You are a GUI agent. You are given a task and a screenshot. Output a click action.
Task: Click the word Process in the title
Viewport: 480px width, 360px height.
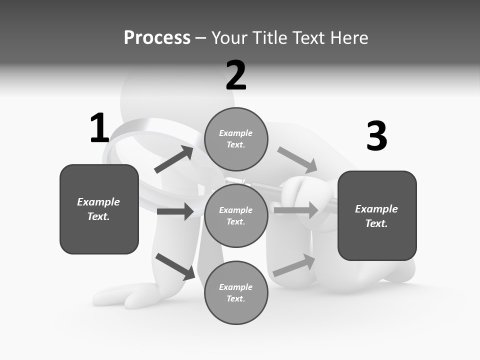coord(157,38)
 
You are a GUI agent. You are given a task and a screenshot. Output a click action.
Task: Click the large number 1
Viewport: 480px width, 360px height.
coord(99,128)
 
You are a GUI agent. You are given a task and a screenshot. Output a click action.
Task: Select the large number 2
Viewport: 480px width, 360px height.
coord(236,75)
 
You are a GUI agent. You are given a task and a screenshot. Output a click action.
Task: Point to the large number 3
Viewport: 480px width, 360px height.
coord(376,136)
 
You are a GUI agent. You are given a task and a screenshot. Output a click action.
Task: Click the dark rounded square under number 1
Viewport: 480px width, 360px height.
coord(99,209)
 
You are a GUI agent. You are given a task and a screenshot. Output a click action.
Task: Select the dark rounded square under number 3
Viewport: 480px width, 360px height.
coord(377,215)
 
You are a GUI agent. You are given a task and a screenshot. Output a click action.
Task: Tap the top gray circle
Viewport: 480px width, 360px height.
coord(236,139)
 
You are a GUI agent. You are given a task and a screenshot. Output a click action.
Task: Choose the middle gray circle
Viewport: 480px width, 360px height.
coord(236,215)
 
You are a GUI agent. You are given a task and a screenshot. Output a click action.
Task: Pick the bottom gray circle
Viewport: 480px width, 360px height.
coord(236,292)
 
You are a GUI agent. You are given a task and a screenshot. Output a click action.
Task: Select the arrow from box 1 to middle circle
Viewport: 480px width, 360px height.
coord(175,211)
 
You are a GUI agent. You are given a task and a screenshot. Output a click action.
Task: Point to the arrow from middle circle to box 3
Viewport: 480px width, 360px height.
coord(296,210)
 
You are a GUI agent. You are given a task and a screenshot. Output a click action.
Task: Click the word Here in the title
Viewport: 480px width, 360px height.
coord(349,38)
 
